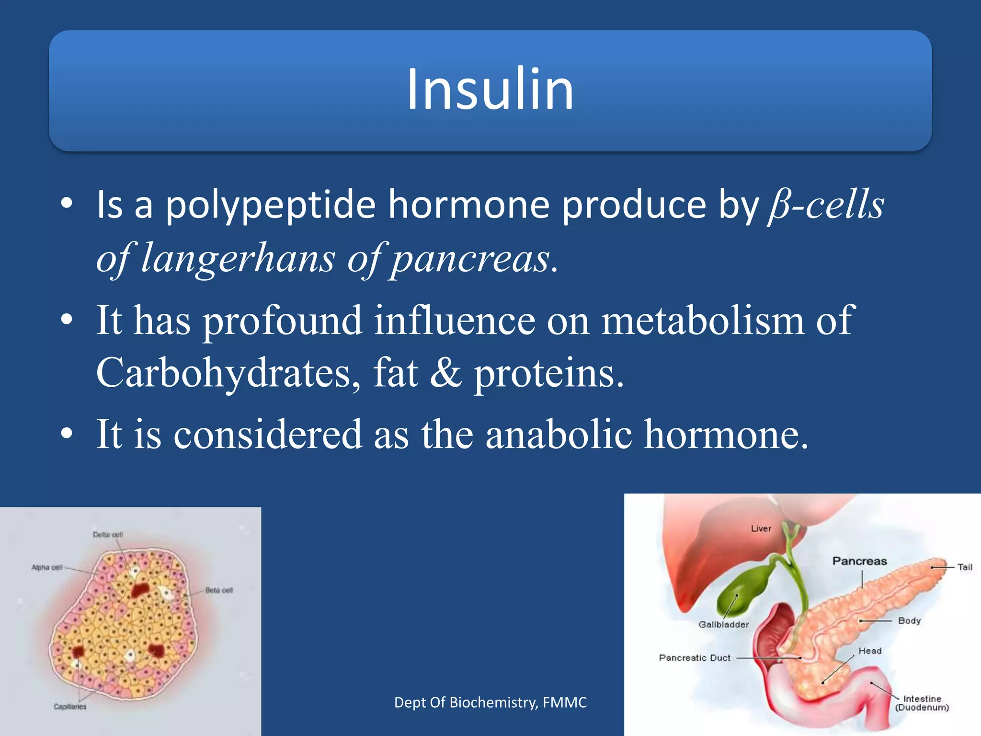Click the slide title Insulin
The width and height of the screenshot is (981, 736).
click(x=490, y=89)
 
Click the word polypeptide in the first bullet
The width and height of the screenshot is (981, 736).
click(x=270, y=205)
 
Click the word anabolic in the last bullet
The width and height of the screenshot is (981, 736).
click(x=559, y=434)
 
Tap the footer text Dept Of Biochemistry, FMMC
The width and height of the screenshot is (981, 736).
click(x=490, y=702)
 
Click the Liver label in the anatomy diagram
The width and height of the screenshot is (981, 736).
click(x=761, y=529)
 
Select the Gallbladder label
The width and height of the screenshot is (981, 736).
click(x=723, y=624)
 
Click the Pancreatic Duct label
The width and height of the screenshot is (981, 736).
click(x=695, y=658)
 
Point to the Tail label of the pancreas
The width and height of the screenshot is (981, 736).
click(x=965, y=567)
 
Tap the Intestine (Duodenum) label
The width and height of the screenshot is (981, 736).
click(x=922, y=703)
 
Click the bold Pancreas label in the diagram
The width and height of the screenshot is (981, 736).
click(x=859, y=561)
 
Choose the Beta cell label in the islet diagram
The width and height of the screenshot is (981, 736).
click(x=219, y=590)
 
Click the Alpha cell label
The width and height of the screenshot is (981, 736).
click(x=47, y=567)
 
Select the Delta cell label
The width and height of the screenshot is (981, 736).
click(x=108, y=535)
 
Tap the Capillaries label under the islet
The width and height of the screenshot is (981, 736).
click(x=70, y=707)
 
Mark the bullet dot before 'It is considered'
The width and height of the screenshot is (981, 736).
click(x=67, y=434)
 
